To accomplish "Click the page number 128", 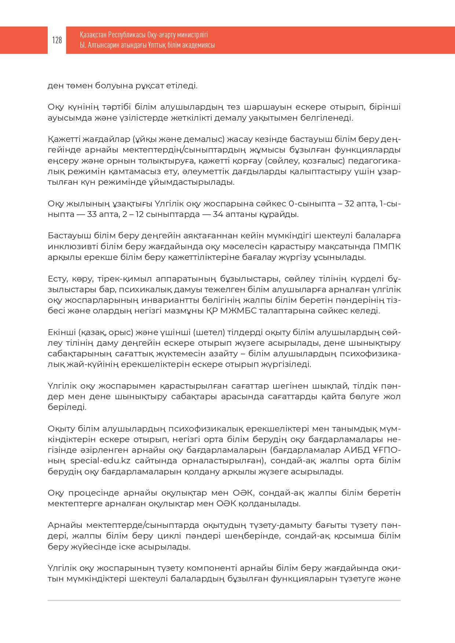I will [x=57, y=40].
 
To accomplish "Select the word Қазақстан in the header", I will [x=93, y=35].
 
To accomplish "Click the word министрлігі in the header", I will [x=192, y=35].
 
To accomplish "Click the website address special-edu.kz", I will [x=100, y=461].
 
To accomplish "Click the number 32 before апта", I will [x=349, y=203].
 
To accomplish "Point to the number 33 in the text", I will [x=92, y=214].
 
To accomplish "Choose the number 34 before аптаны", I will [x=218, y=214].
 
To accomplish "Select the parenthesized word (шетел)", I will [x=209, y=332].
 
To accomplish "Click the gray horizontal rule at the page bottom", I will [x=224, y=600].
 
